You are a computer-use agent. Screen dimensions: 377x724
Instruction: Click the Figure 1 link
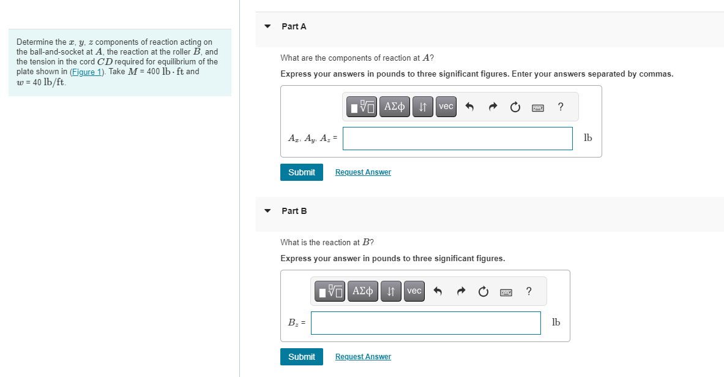tap(88, 72)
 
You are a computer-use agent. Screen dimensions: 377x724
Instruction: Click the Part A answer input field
tap(457, 138)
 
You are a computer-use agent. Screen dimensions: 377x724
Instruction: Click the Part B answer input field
tap(425, 323)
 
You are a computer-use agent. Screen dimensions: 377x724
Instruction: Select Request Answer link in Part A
tap(363, 172)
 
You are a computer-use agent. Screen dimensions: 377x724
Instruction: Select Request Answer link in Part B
tap(363, 357)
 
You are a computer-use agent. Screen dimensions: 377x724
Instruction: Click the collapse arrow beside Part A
tap(267, 26)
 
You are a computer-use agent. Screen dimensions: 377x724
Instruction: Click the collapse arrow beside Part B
tap(267, 211)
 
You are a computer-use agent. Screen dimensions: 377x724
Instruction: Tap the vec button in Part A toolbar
tap(446, 107)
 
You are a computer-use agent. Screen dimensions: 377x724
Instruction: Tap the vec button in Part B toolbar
tap(414, 291)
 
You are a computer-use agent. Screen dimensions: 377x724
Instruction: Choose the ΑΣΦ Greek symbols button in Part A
tap(394, 107)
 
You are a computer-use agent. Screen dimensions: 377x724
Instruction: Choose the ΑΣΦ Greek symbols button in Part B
tap(363, 291)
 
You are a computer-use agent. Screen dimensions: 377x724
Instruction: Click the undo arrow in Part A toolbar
tap(470, 107)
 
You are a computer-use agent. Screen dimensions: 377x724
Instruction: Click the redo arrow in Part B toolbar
tap(461, 292)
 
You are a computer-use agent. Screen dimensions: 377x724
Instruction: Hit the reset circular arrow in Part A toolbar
tap(515, 107)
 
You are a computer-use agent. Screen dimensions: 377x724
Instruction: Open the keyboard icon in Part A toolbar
tap(538, 107)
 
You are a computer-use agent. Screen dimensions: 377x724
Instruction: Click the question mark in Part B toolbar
tap(529, 291)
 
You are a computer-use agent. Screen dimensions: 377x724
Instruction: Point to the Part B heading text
tap(294, 211)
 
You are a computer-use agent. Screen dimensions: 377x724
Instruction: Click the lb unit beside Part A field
tap(588, 138)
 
